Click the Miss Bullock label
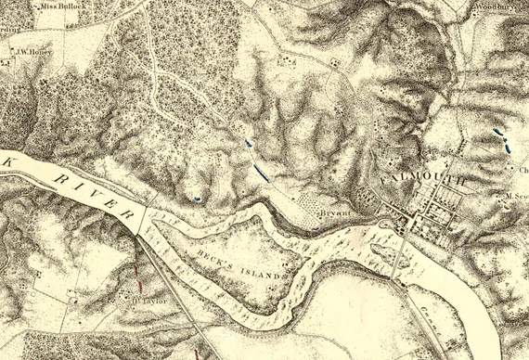click(65, 6)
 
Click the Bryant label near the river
click(334, 212)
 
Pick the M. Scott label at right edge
click(517, 196)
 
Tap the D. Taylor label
click(143, 302)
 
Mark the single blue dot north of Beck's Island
click(197, 198)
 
